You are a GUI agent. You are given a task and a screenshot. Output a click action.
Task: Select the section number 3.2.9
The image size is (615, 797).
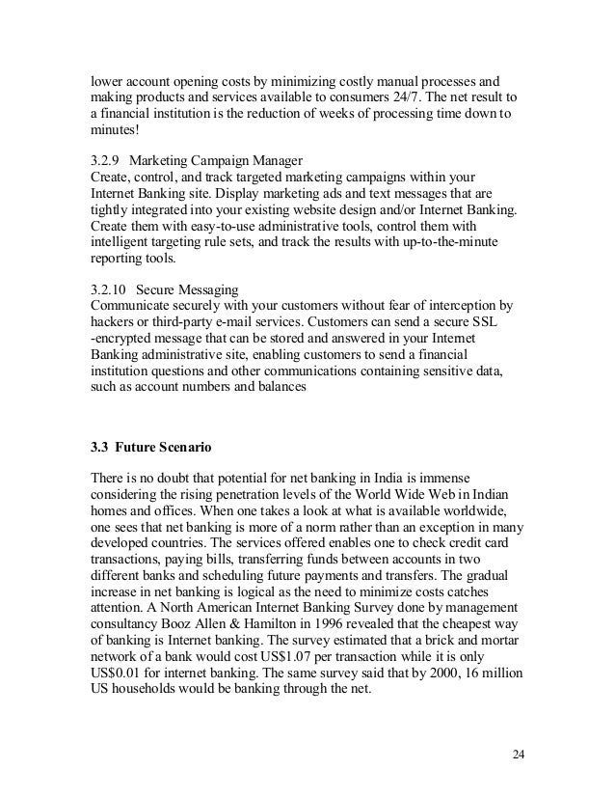point(105,159)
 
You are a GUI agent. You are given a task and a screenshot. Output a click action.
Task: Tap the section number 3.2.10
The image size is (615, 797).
point(109,290)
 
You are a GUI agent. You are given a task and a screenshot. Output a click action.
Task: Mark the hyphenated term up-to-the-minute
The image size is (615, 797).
point(429,246)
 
